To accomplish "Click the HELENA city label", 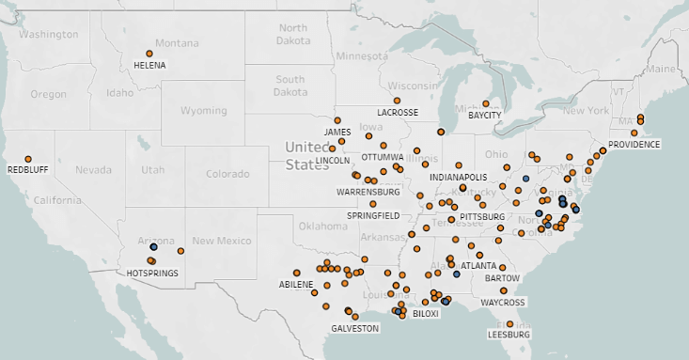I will [149, 66].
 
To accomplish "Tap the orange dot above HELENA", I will [149, 54].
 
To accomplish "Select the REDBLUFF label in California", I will [27, 170].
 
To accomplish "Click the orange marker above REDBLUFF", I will [28, 159].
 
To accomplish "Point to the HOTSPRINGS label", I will [152, 274].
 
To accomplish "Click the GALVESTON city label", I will [354, 328].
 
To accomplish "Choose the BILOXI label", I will [425, 314].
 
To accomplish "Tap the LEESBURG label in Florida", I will [509, 334].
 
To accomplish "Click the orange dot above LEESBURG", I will [510, 323].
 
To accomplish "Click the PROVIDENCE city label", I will [634, 144].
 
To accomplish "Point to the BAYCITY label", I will [485, 115].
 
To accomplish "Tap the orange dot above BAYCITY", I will [486, 103].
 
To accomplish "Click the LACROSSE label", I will [398, 112].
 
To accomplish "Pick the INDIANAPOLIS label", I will [458, 177].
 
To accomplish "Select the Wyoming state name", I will [203, 111].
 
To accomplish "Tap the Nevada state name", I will [93, 170].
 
